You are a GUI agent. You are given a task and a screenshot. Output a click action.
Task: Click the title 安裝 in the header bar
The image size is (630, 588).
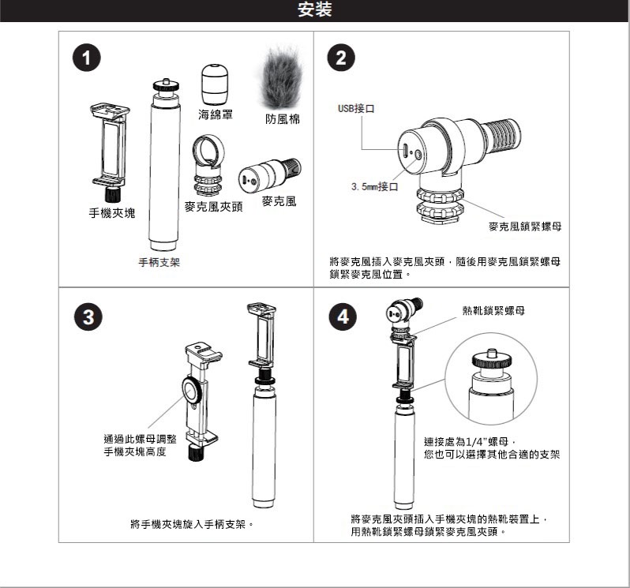tap(314, 10)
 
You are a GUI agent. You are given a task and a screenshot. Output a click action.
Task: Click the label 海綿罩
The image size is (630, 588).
tap(215, 115)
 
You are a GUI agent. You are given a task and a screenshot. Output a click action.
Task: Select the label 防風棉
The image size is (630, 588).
tap(282, 118)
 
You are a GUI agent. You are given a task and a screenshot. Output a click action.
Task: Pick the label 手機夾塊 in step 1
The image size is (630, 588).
tap(111, 213)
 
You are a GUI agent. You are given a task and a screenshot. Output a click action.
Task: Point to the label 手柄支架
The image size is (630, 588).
tap(159, 262)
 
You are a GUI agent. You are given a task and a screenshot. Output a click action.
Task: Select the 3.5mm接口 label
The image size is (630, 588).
tap(374, 186)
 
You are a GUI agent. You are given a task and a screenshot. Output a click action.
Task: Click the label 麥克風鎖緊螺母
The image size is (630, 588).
tap(525, 227)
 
